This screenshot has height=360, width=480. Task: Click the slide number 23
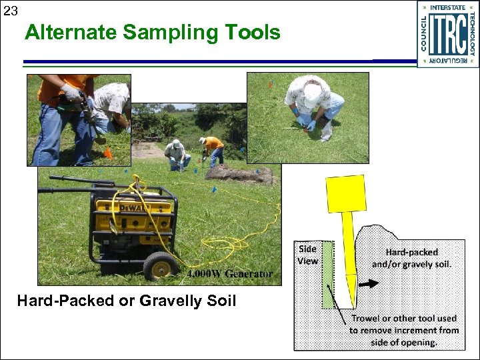(x=10, y=11)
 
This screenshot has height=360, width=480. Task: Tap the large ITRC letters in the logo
(x=447, y=35)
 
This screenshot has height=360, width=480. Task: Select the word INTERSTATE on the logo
(x=448, y=7)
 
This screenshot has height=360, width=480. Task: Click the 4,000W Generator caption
(x=230, y=274)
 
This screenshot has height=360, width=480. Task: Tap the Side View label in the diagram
(x=307, y=255)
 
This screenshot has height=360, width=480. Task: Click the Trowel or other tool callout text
(x=405, y=330)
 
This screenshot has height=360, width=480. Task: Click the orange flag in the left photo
(x=107, y=153)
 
